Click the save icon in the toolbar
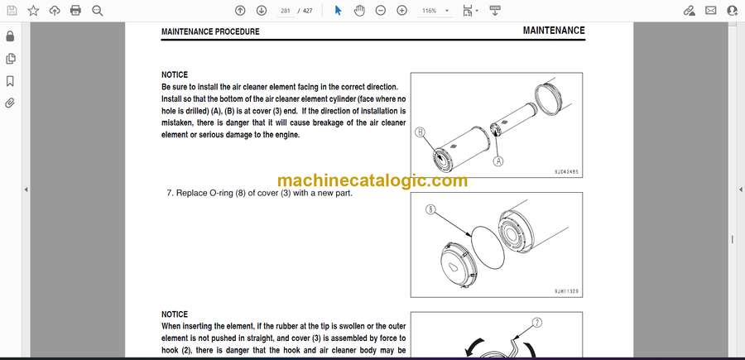(12, 11)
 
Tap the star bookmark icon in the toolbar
(33, 11)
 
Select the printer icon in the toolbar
(75, 11)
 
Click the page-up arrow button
(240, 11)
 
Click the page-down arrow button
(262, 11)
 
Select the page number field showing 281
(286, 11)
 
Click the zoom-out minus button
(381, 11)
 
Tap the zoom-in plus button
(402, 11)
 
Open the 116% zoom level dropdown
(435, 11)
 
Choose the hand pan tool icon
(359, 11)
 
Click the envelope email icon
(711, 11)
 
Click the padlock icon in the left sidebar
(10, 36)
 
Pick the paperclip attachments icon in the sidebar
(10, 103)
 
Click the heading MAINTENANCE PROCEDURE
(210, 31)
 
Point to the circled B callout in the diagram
(420, 132)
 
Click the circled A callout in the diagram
(498, 161)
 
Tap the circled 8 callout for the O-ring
(431, 209)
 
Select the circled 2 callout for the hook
(537, 323)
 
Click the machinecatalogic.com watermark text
(372, 180)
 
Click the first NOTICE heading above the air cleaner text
(175, 74)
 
